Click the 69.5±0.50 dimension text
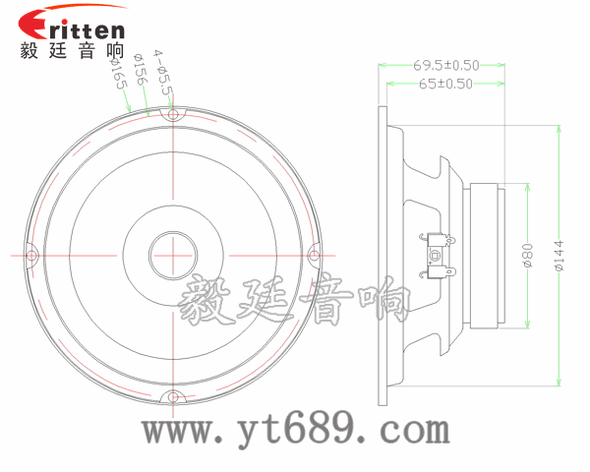pyautogui.click(x=445, y=65)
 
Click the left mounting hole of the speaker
pyautogui.click(x=31, y=257)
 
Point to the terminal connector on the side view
pyautogui.click(x=438, y=254)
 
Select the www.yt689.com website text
pyautogui.click(x=295, y=430)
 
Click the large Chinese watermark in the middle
pyautogui.click(x=295, y=300)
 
